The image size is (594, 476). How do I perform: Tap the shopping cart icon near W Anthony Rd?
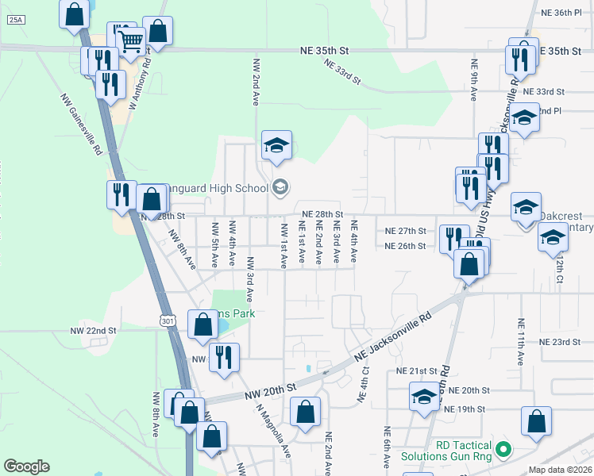131,40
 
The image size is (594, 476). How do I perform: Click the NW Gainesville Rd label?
82,123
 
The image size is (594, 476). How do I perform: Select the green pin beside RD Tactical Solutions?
501,451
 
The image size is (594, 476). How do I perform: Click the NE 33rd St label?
341,71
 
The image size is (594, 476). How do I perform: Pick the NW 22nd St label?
93,330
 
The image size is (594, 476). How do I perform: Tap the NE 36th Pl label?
561,13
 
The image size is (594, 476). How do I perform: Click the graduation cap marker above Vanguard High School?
276,146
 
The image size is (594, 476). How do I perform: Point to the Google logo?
27,466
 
